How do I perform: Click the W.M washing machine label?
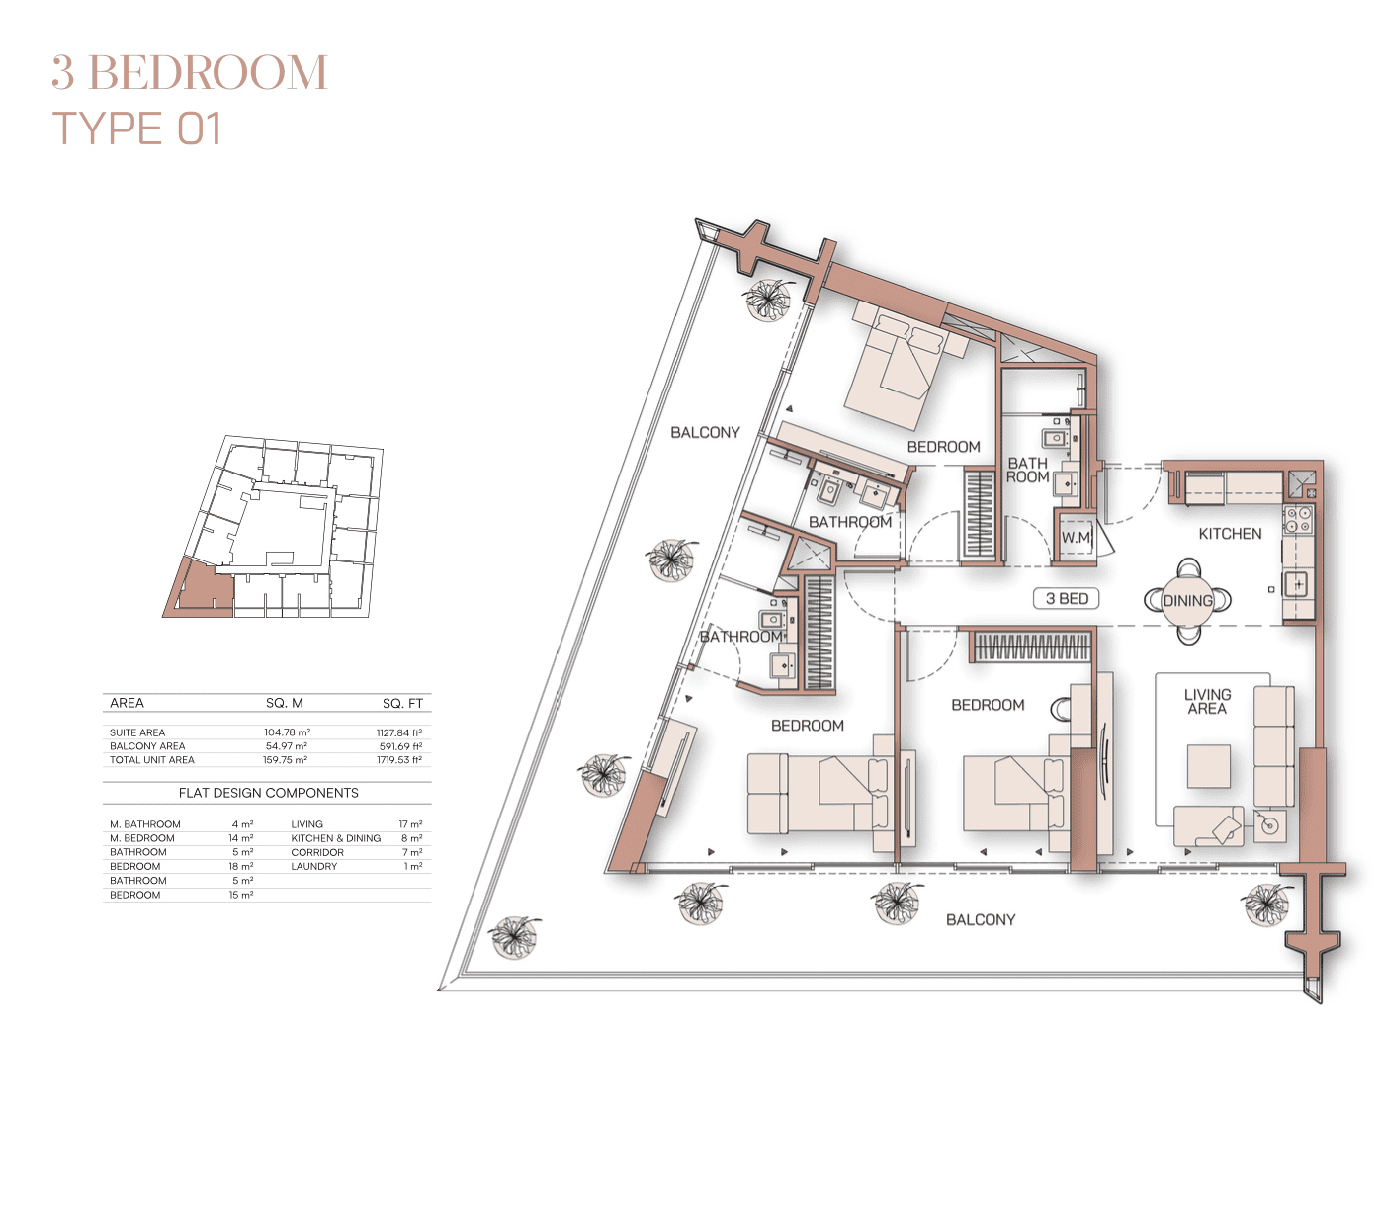(1076, 538)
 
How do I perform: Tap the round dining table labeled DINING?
(1187, 600)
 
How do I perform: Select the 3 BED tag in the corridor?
(1067, 598)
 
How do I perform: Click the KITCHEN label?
(1230, 534)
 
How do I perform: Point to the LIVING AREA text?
(1207, 701)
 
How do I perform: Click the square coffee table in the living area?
(1209, 765)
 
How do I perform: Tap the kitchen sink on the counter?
(1297, 584)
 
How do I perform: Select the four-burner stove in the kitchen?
(1298, 519)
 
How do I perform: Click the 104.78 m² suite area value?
(287, 732)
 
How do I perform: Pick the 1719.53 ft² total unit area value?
(399, 759)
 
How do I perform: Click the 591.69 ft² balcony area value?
(400, 746)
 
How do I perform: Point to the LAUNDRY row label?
(313, 866)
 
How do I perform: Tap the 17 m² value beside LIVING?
(410, 824)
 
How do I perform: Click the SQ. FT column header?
(402, 704)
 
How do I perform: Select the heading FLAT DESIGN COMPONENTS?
(269, 793)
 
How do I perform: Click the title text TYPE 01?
(137, 129)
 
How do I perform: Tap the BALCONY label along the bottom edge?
(980, 920)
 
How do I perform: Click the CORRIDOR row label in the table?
(317, 852)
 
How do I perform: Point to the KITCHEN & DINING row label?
(336, 838)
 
